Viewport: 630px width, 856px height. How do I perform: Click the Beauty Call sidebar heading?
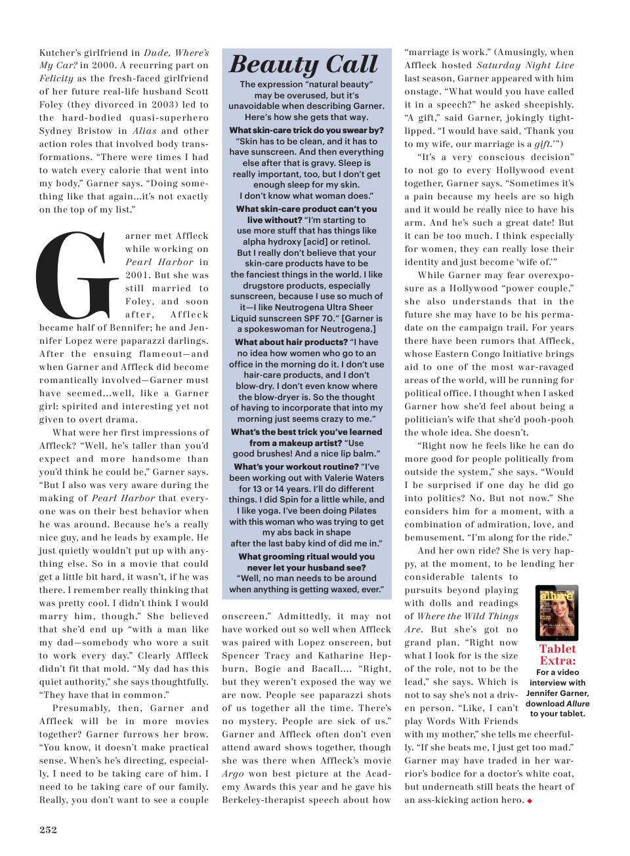[303, 64]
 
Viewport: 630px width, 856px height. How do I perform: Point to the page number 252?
[48, 830]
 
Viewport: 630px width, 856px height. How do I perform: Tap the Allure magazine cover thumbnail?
[557, 613]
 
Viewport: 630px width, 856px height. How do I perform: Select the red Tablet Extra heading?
[557, 655]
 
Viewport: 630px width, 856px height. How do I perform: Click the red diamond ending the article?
[530, 801]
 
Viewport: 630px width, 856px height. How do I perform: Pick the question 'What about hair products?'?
[291, 342]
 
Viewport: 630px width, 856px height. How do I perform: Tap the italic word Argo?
[233, 774]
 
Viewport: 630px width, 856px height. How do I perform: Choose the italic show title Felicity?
[56, 79]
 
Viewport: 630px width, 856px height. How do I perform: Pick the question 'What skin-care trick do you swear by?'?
[306, 130]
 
